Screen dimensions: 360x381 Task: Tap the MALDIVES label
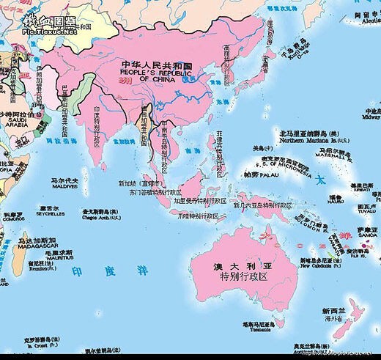tap(63, 186)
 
